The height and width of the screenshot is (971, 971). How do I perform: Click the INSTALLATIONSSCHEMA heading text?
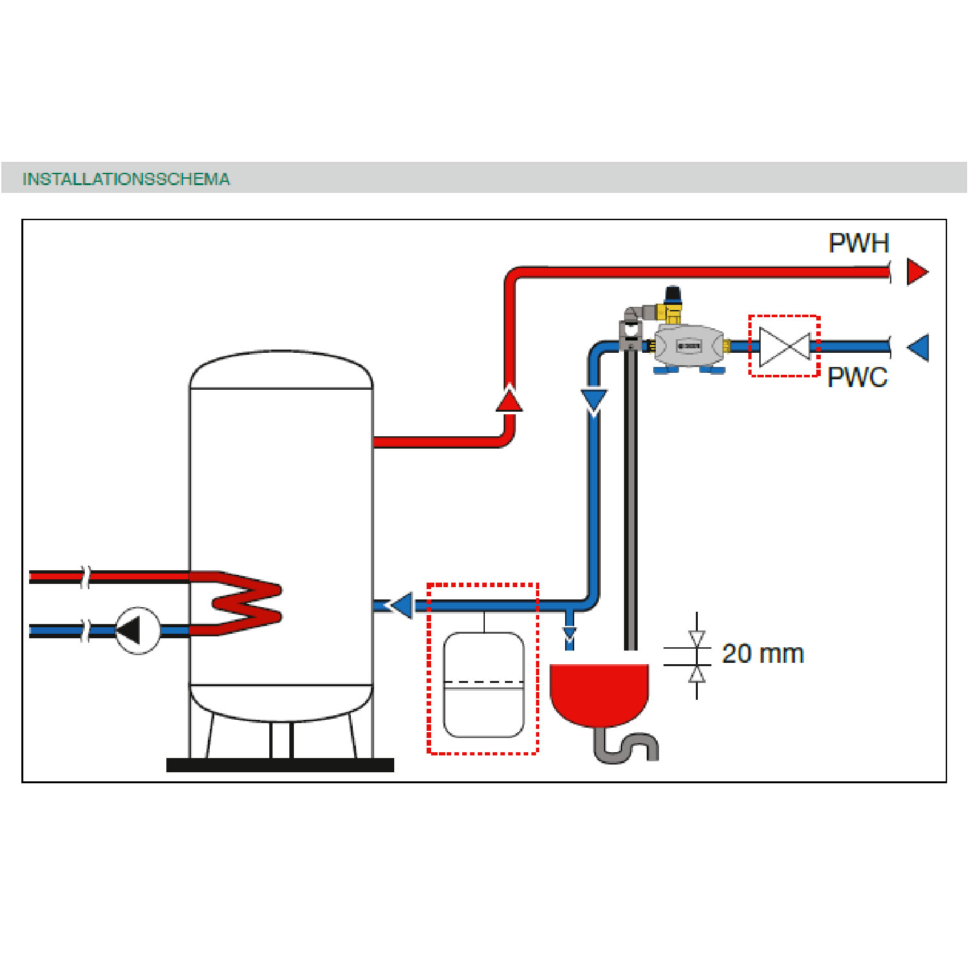126,179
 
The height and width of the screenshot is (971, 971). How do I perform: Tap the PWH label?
858,243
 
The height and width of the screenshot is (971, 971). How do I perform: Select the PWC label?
857,377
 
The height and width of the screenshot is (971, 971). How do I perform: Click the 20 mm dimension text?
763,654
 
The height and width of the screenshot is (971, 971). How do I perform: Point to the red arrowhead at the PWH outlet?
917,272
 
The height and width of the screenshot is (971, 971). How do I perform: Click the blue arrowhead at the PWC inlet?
919,348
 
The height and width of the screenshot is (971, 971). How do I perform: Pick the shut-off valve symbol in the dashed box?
785,346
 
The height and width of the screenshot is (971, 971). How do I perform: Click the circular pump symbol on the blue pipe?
137,630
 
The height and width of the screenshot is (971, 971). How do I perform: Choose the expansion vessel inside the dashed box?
484,685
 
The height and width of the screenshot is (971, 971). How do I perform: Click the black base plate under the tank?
280,765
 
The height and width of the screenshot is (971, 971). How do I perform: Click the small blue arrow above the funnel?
570,636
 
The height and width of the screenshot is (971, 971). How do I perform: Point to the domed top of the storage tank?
281,370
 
